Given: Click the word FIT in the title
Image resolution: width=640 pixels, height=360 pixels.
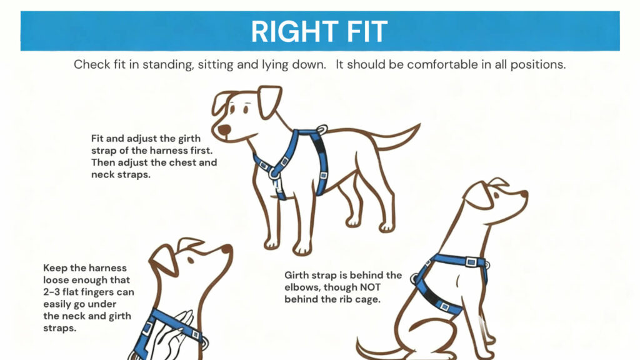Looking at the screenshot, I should (364, 31).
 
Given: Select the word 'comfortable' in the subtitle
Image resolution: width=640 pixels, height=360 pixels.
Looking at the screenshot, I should (427, 65).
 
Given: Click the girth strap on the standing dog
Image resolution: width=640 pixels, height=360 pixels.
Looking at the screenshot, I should (321, 162).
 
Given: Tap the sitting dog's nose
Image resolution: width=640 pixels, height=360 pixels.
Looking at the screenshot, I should (524, 194).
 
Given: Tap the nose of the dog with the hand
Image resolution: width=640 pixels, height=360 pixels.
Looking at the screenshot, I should (227, 249).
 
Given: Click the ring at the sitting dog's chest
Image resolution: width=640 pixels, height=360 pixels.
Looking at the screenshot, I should (416, 277).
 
